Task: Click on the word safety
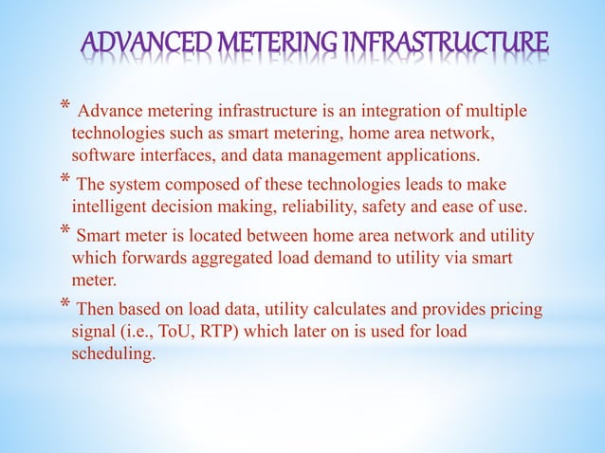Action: pyautogui.click(x=398, y=203)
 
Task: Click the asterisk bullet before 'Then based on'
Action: pyautogui.click(x=64, y=306)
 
